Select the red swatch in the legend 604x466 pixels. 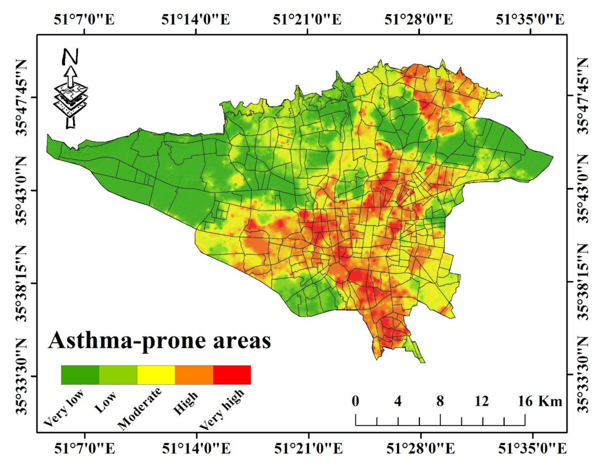pos(232,375)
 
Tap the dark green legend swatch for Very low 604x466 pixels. pos(80,375)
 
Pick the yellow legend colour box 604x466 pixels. pos(156,375)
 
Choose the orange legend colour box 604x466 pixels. pos(194,375)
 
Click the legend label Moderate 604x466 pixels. pos(140,409)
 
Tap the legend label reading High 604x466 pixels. pos(186,403)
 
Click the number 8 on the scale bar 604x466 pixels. pos(440,401)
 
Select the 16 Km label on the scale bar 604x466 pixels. pos(540,401)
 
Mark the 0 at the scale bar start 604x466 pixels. pos(356,401)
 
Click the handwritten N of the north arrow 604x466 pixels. pos(70,57)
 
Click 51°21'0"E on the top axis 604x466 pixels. pos(307,19)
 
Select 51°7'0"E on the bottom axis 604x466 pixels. pos(85,448)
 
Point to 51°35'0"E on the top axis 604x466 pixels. pos(530,19)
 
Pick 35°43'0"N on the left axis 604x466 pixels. pos(21,190)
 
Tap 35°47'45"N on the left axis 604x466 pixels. pos(21,97)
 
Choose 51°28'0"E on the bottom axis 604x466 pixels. pos(420,448)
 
